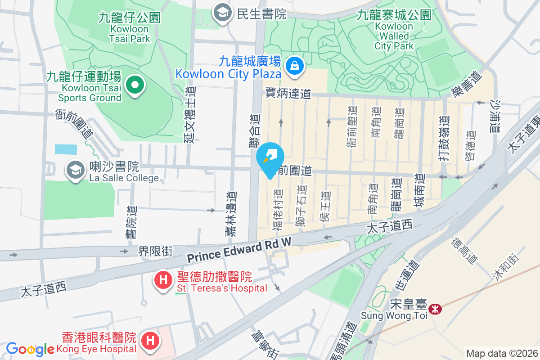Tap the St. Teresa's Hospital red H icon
(163, 280)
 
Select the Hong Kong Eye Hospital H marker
(150, 340)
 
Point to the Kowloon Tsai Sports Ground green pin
(134, 85)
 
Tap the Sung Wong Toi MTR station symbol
(435, 309)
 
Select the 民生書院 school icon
(222, 12)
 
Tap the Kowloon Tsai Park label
(130, 28)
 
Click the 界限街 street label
(155, 251)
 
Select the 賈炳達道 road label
(288, 94)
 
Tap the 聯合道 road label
(255, 130)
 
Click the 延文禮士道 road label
(190, 114)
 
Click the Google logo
(30, 349)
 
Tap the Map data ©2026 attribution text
(501, 353)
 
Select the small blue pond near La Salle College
(66, 149)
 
